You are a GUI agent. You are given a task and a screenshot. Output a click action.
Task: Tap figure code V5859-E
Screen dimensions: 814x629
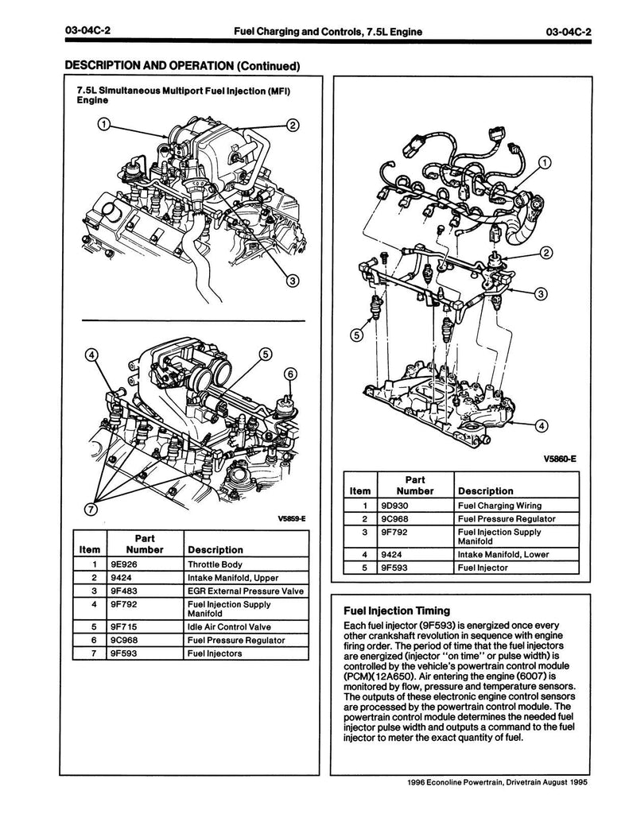click(290, 518)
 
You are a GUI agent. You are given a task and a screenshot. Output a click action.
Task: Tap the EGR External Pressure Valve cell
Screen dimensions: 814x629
click(243, 591)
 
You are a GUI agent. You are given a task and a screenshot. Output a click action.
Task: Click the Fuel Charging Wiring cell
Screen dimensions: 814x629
click(499, 505)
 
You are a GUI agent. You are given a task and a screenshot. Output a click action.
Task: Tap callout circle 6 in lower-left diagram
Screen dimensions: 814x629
click(289, 374)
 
